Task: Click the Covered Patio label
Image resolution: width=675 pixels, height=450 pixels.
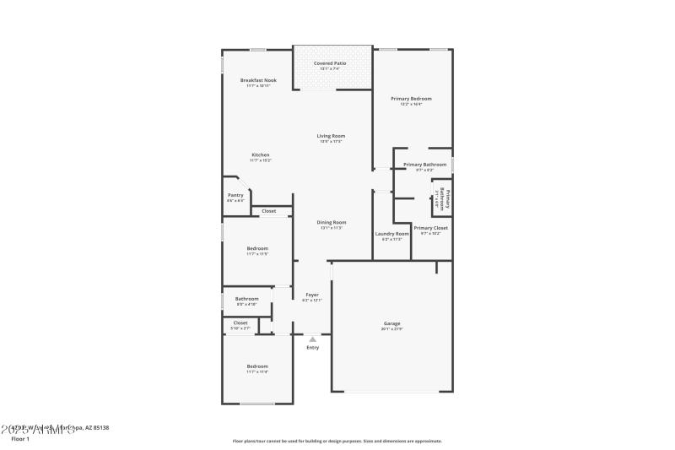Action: [330, 63]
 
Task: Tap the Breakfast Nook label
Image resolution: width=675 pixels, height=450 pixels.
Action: [257, 80]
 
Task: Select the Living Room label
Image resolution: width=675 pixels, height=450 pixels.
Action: [331, 136]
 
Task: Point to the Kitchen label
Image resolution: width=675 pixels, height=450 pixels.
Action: [261, 155]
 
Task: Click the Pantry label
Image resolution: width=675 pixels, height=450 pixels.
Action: [235, 195]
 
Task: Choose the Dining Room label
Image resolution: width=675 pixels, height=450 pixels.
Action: [331, 223]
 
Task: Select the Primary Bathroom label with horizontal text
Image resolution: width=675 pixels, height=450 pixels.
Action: [424, 165]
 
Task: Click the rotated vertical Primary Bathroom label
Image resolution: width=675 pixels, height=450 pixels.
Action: [443, 200]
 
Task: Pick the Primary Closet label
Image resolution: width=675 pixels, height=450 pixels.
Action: [430, 228]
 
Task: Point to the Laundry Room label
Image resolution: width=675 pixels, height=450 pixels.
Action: [391, 234]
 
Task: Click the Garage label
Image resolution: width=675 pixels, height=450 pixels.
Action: [391, 323]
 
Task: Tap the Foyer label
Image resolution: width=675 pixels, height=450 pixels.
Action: [311, 295]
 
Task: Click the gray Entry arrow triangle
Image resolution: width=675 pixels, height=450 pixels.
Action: [312, 339]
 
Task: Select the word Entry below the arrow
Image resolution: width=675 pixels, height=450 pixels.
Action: [312, 348]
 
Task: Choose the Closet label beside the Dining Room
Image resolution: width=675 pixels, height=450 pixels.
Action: [268, 211]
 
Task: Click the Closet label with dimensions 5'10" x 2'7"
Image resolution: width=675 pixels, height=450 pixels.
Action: [240, 323]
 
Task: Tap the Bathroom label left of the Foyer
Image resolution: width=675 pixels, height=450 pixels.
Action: [246, 298]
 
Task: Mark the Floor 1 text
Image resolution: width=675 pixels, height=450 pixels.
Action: [20, 439]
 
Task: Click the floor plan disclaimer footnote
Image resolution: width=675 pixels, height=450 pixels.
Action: [337, 441]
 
